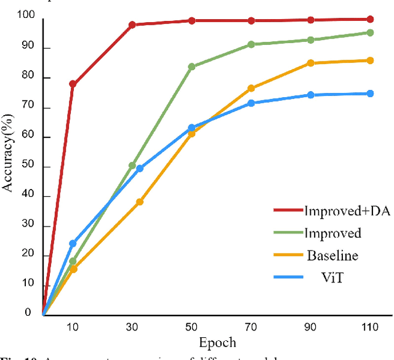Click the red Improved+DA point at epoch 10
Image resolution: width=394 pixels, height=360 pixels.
coord(73,84)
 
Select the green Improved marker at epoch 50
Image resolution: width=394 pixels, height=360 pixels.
coord(191,66)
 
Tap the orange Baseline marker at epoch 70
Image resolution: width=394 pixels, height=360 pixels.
coord(251,89)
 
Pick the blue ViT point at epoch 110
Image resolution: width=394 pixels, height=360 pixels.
coord(370,94)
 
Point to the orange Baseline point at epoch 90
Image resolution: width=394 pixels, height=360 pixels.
coord(310,63)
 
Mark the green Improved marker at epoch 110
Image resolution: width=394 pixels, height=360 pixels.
coord(370,33)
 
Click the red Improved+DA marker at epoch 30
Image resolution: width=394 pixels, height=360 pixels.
coord(132,25)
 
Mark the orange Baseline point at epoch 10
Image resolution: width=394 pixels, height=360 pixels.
coord(73,269)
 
